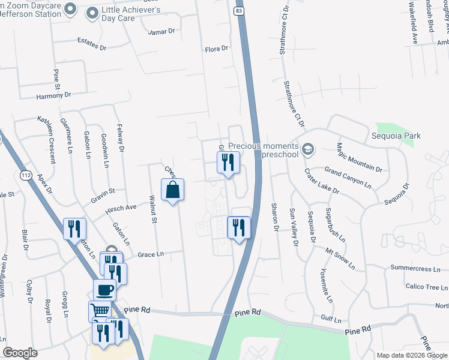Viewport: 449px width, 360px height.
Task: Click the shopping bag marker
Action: pos(173,190)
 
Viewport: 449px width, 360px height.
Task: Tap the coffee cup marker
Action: pos(104,290)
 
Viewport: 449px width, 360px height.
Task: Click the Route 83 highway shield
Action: pos(240,11)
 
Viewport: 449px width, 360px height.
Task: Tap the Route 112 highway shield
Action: pos(25,175)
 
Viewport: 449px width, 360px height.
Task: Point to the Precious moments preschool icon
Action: pos(307,148)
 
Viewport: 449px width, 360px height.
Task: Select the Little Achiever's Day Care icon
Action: pos(92,12)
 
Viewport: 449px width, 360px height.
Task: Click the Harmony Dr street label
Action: pos(53,95)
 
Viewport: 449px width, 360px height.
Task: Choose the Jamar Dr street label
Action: pos(161,31)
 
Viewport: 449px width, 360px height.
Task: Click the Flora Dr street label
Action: pos(217,49)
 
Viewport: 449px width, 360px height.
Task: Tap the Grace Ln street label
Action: pos(150,254)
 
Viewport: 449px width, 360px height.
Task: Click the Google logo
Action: pos(20,353)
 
